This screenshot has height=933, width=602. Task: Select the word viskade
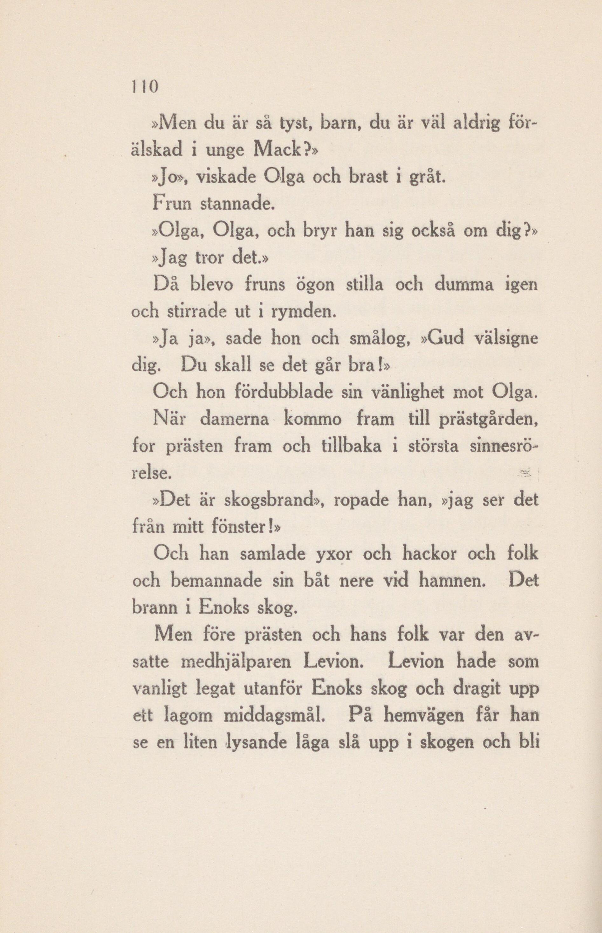tap(226, 178)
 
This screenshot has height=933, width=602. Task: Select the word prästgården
tap(489, 421)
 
